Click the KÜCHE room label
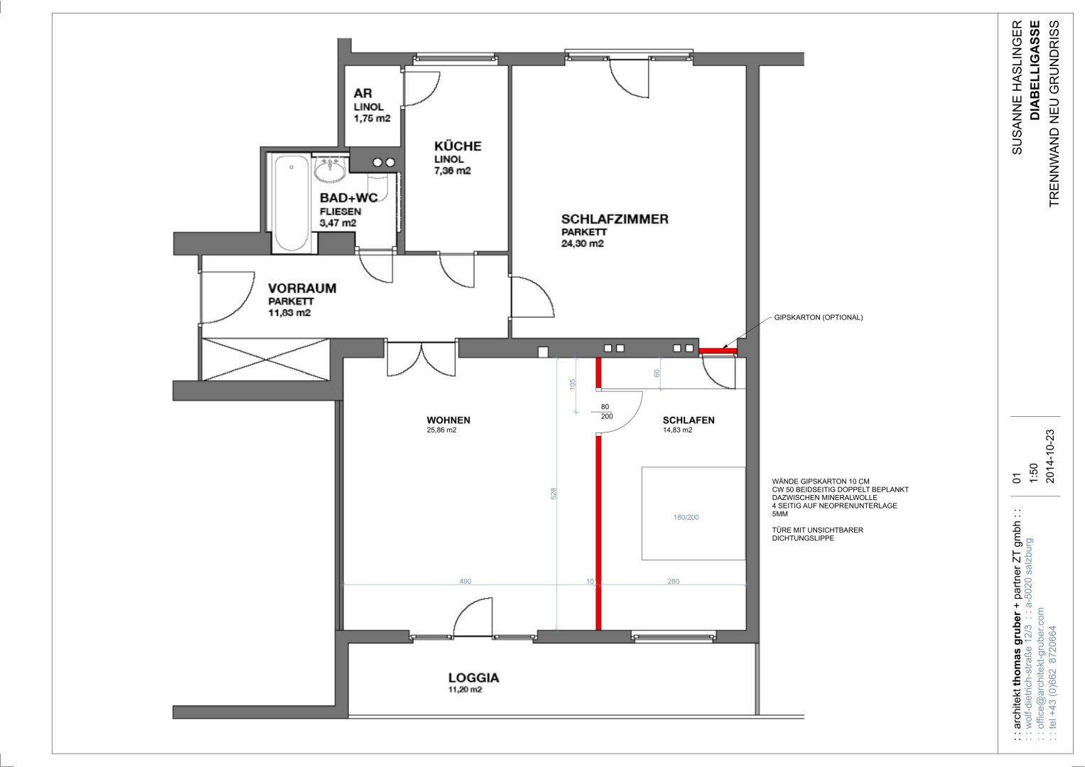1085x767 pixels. pyautogui.click(x=458, y=146)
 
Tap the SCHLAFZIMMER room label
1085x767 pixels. pyautogui.click(x=615, y=219)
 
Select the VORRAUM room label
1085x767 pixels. pyautogui.click(x=302, y=288)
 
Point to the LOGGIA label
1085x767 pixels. pyautogui.click(x=474, y=678)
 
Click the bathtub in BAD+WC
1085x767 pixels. pyautogui.click(x=291, y=202)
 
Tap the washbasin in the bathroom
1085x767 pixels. pyautogui.click(x=330, y=169)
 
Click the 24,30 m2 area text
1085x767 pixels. pyautogui.click(x=582, y=244)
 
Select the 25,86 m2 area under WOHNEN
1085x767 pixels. pyautogui.click(x=441, y=430)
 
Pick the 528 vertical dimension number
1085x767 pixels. pyautogui.click(x=554, y=494)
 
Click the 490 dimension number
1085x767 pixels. pyautogui.click(x=465, y=581)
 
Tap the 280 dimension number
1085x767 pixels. pyautogui.click(x=674, y=581)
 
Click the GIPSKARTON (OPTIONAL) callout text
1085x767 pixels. pyautogui.click(x=819, y=317)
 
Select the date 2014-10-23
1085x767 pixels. pyautogui.click(x=1050, y=457)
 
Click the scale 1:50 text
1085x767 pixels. pyautogui.click(x=1033, y=472)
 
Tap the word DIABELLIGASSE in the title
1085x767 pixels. pyautogui.click(x=1035, y=70)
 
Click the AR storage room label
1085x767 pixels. pyautogui.click(x=363, y=93)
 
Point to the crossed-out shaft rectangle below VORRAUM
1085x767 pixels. pyautogui.click(x=266, y=360)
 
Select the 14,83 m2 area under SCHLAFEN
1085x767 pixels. pyautogui.click(x=678, y=430)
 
